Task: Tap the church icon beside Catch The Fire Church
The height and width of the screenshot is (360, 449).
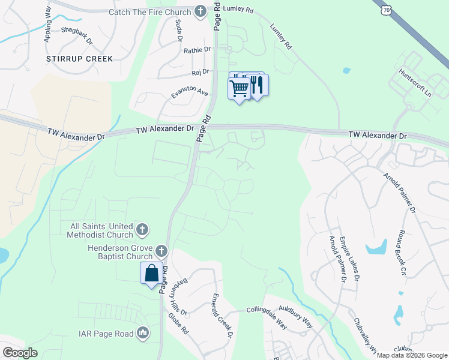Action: [x=200, y=11]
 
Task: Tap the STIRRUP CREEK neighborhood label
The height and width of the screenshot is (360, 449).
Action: [x=80, y=59]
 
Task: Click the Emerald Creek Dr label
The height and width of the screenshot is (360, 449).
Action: [x=221, y=315]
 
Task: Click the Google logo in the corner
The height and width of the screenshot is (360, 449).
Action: [x=20, y=352]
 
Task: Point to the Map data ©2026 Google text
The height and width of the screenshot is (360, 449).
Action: [x=412, y=355]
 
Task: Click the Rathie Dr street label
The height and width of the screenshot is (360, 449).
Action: [x=198, y=50]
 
